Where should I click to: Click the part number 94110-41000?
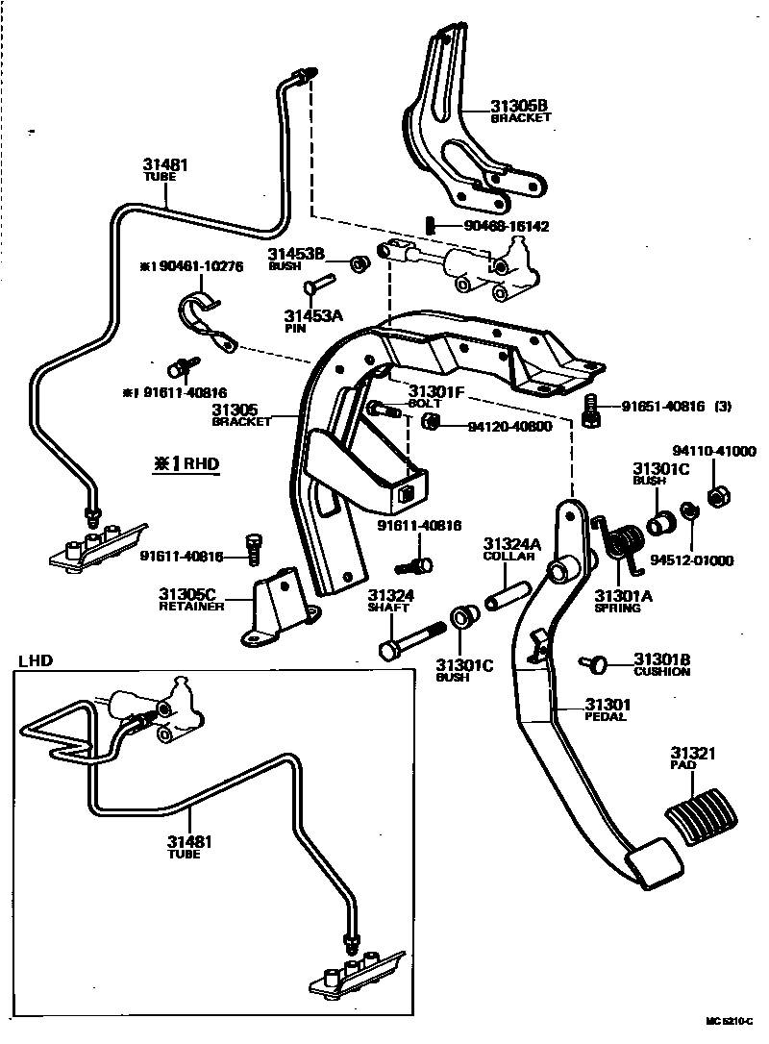point(714,450)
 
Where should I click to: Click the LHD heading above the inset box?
point(36,660)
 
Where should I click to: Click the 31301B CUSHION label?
point(661,664)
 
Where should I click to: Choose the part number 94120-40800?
point(509,425)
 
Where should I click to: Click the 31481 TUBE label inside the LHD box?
point(188,847)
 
